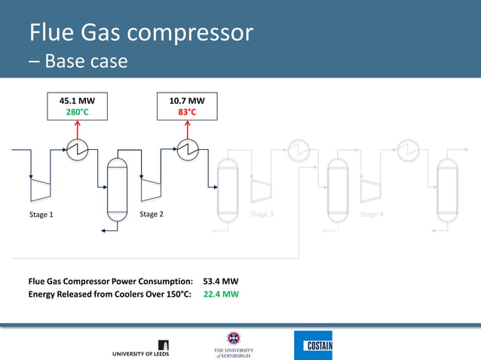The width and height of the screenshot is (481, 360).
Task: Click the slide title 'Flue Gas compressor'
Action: click(140, 33)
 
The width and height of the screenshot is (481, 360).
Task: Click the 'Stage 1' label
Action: click(41, 215)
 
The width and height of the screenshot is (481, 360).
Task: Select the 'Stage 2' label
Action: click(152, 215)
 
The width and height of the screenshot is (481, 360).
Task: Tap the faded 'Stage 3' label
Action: click(262, 215)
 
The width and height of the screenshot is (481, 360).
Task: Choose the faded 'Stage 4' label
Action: click(372, 215)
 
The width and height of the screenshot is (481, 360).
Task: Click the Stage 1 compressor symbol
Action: click(41, 190)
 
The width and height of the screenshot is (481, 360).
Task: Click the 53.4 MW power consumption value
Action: click(221, 282)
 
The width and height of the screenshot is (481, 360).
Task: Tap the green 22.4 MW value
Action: click(221, 294)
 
